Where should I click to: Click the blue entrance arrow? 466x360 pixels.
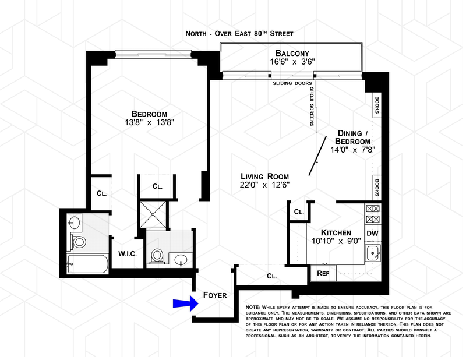coord(184,303)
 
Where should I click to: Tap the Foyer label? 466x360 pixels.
coord(214,295)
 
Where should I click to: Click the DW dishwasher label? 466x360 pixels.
coord(373,234)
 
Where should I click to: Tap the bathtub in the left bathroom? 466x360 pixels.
coord(87,266)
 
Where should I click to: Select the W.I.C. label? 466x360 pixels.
coord(127,254)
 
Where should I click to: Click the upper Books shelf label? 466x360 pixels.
coord(377,105)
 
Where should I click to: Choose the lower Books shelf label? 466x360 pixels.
coord(377,189)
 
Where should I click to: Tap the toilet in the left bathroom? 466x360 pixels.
coord(78,241)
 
